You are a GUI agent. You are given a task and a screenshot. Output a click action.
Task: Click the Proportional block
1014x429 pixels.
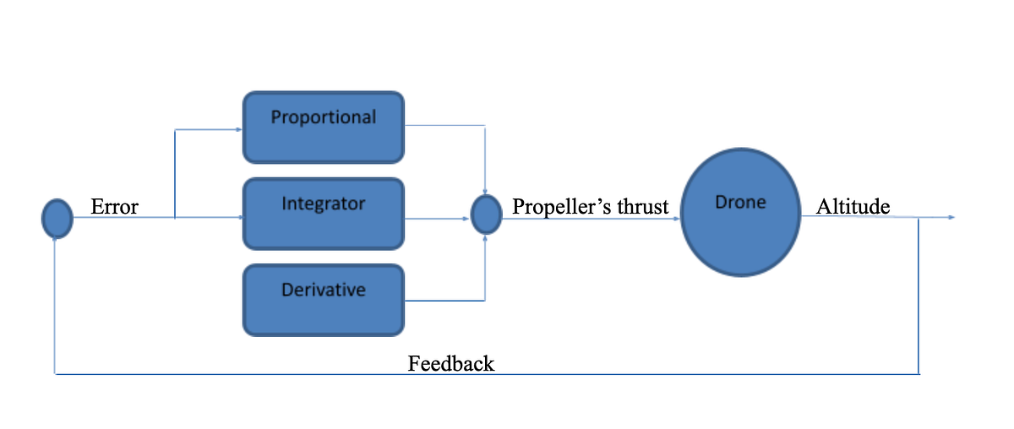pos(324,128)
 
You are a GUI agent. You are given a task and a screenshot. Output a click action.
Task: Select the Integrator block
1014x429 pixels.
pos(324,214)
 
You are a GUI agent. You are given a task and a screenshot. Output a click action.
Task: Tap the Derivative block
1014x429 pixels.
pos(324,299)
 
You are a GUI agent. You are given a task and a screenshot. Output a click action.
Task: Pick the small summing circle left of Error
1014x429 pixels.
pos(57,218)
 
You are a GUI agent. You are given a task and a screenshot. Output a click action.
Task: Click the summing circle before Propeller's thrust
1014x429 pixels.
pos(486,214)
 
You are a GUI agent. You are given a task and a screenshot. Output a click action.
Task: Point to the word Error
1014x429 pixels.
pos(114,207)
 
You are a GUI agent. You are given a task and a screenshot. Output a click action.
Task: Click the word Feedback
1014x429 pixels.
pos(450,364)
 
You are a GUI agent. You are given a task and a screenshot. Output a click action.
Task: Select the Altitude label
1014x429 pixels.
pos(853,207)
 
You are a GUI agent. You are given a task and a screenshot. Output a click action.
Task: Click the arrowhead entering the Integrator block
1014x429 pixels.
pos(240,218)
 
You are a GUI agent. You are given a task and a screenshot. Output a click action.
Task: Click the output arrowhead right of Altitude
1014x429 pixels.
pos(951,218)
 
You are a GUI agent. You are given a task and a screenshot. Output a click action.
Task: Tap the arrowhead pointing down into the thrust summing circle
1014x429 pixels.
pos(485,191)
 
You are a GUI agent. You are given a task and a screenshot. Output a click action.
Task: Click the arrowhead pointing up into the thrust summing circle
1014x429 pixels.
pos(485,238)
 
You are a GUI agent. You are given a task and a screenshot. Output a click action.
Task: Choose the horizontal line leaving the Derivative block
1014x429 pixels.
pos(444,300)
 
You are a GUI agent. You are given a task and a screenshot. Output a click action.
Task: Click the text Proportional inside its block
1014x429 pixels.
pos(324,117)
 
